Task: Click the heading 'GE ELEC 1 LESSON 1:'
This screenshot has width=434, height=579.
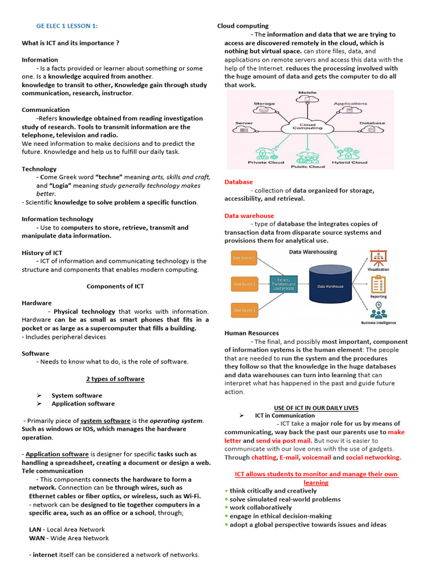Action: coord(67,26)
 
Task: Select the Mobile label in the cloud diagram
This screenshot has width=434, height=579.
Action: coord(307,93)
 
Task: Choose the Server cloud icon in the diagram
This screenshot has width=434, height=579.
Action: coord(244,129)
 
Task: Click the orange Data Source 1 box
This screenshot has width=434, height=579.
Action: coord(244,259)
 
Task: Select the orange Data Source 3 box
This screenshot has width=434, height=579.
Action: coord(244,310)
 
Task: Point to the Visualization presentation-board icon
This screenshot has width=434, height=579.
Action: coord(378,257)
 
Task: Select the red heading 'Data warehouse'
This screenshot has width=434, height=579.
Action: coord(249,215)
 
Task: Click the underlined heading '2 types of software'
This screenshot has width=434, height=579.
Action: coord(115,379)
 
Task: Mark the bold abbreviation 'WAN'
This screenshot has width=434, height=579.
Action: coord(37,538)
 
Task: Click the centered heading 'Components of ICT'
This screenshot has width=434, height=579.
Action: coord(115,286)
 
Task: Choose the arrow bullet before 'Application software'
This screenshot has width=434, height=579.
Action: coord(40,404)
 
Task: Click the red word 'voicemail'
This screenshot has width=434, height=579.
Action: coord(317,457)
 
